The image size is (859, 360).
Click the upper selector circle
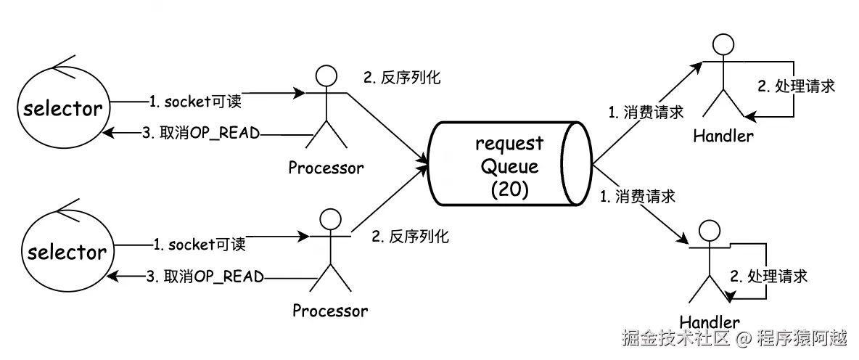[x=61, y=109]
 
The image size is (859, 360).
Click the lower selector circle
[x=66, y=252]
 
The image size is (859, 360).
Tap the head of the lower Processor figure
[x=330, y=220]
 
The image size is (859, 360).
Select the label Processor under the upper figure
[x=326, y=168]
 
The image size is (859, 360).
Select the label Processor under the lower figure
[x=330, y=311]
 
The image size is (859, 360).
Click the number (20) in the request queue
[x=509, y=189]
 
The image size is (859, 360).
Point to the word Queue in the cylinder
[x=509, y=166]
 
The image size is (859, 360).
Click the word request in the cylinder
[x=509, y=143]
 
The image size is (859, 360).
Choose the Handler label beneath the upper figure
[x=723, y=136]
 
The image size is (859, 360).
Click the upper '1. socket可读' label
[x=195, y=102]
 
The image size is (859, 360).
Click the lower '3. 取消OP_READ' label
[x=205, y=277]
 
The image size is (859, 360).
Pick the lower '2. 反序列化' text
[x=410, y=237]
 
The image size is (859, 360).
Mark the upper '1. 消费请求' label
[x=646, y=112]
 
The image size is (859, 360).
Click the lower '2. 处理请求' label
[x=768, y=276]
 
